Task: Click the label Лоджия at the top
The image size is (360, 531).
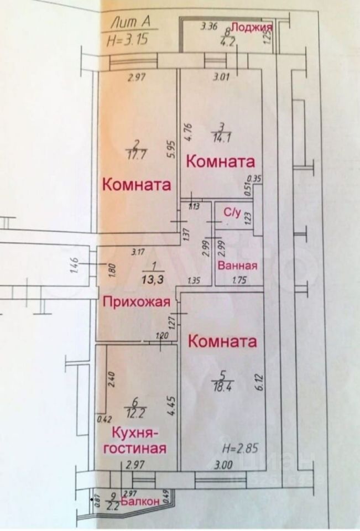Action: [x=252, y=28]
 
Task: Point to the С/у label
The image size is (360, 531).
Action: [x=231, y=212]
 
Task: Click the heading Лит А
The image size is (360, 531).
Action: [x=131, y=23]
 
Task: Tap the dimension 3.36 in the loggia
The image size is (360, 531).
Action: [x=210, y=26]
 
